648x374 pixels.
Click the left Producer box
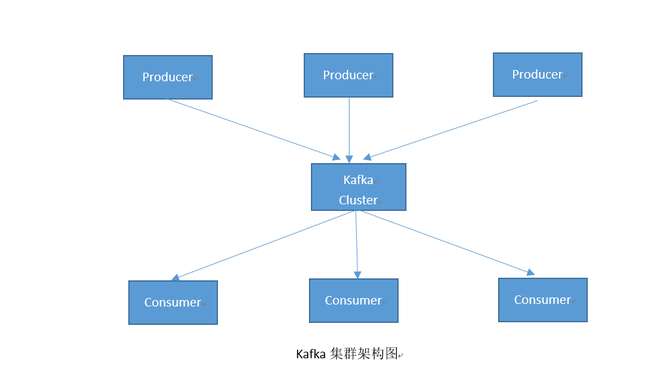168,77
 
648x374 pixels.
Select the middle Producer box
348,75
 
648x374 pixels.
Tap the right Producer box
537,75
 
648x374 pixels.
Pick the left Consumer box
173,303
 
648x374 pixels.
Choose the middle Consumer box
353,301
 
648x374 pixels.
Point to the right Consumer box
543,300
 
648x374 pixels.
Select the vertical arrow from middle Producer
349,128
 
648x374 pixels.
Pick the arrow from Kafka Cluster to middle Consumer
357,242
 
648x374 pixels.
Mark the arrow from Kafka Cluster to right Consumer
445,241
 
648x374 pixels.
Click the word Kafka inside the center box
358,180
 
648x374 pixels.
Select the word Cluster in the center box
358,200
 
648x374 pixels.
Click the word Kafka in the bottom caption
311,354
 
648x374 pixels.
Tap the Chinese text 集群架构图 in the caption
364,354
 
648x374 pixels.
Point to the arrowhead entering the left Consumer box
175,278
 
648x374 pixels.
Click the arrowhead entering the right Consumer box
530,272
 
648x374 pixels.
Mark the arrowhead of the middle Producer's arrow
349,159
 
